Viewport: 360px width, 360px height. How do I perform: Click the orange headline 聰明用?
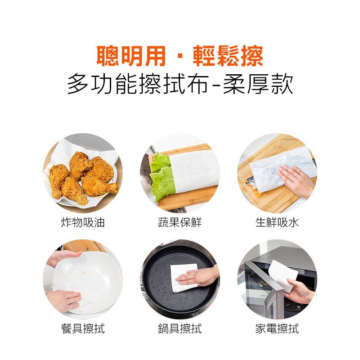point(131,56)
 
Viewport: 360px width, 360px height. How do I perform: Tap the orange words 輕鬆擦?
point(228,56)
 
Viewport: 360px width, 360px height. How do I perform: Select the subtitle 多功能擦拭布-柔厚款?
point(180,84)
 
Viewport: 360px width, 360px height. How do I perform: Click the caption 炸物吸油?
point(83,222)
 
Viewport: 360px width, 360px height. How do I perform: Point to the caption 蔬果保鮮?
point(180,222)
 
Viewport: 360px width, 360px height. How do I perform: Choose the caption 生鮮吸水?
point(277,222)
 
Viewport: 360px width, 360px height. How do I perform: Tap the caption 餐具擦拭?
point(83,328)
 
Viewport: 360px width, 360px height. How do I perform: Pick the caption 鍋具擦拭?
point(180,328)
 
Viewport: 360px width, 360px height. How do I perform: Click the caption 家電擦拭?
point(277,328)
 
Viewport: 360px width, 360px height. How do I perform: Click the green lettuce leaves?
point(162,177)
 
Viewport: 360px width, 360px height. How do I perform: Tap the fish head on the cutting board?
point(251,181)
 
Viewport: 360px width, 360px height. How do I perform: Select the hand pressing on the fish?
point(296,180)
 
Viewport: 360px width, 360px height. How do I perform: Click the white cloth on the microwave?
point(283,274)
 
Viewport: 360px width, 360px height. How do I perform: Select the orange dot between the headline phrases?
point(180,57)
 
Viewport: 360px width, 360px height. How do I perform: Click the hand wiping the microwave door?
point(298,290)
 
